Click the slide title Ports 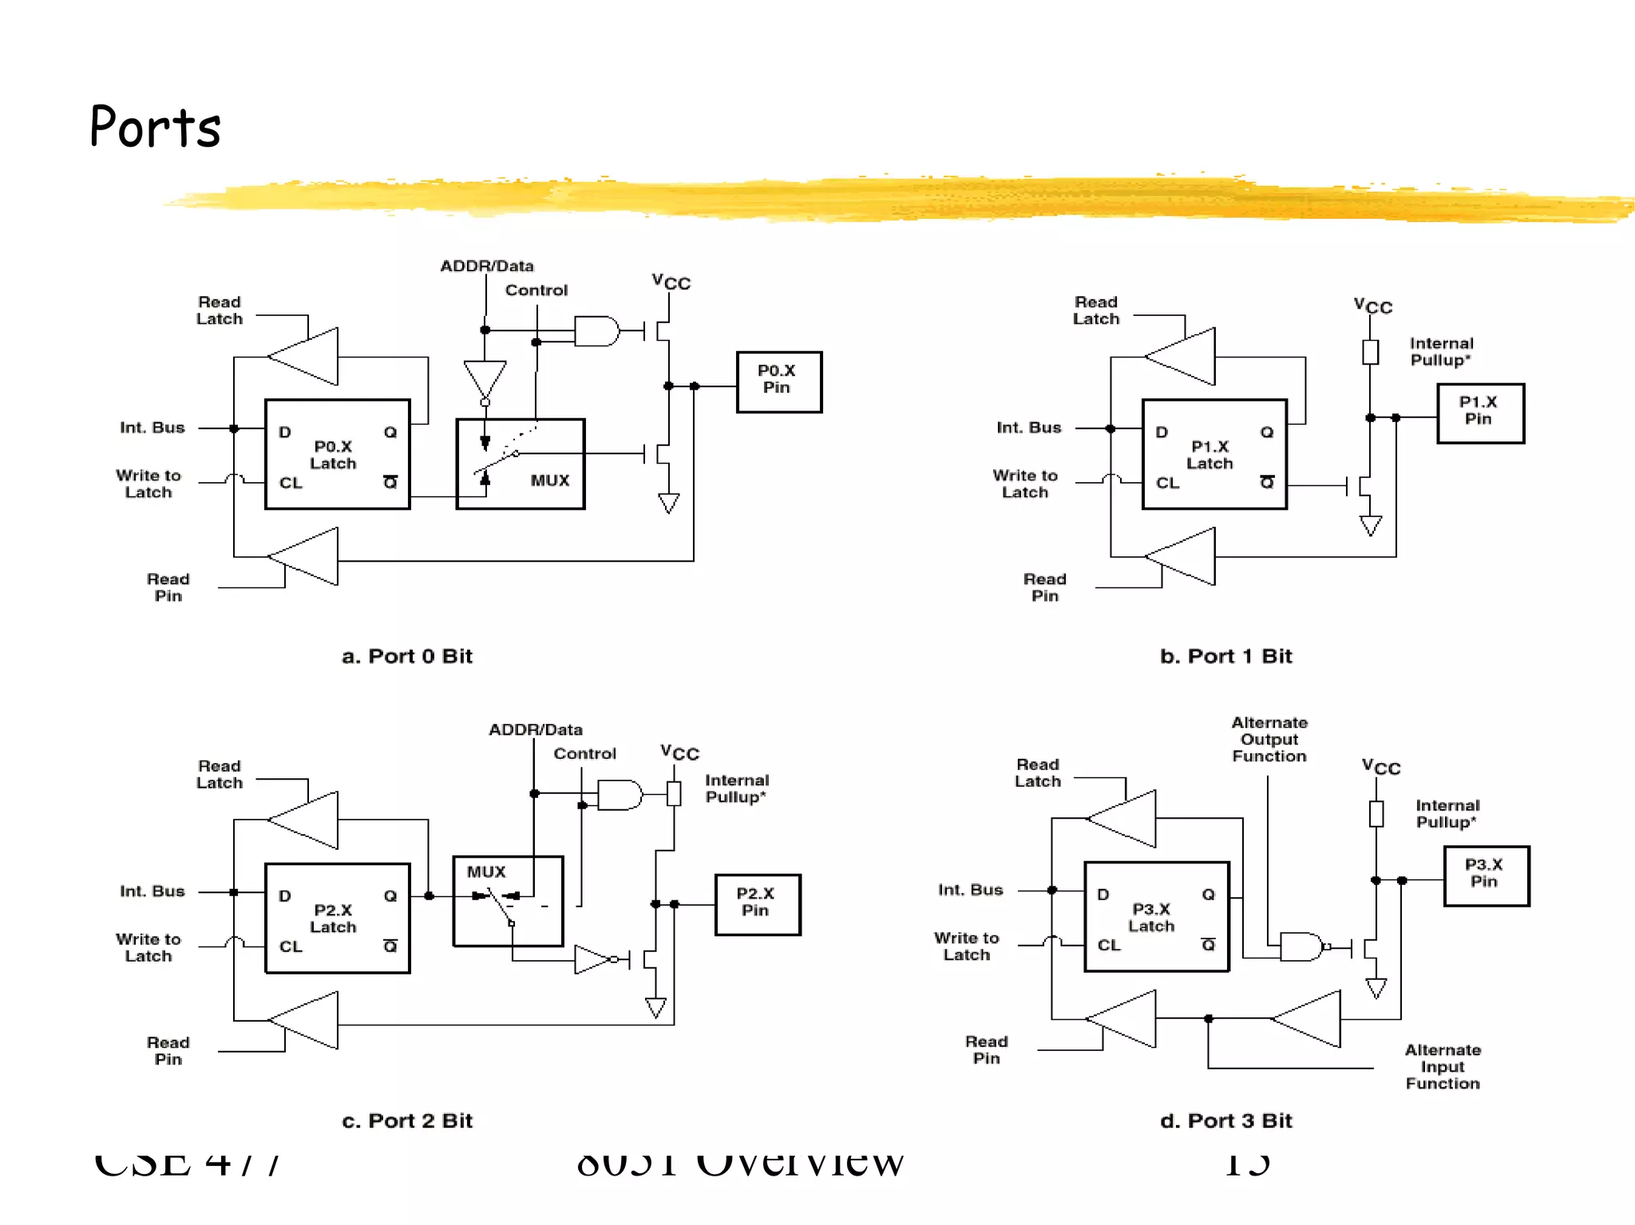click(155, 127)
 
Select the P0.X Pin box click(778, 381)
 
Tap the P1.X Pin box click(1479, 413)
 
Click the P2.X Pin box click(757, 903)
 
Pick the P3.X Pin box click(1486, 875)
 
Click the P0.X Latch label click(333, 455)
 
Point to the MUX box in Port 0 click(520, 464)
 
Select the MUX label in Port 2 click(486, 872)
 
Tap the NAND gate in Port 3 click(1301, 946)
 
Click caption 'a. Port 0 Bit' click(407, 656)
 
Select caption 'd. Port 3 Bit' click(1225, 1120)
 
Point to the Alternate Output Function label click(1269, 739)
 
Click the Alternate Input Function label click(1443, 1067)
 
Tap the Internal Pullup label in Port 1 click(1442, 351)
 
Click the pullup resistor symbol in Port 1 click(1370, 352)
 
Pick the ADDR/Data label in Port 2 click(536, 729)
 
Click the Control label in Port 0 click(536, 290)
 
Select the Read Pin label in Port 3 click(987, 1049)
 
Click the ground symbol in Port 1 click(1370, 526)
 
